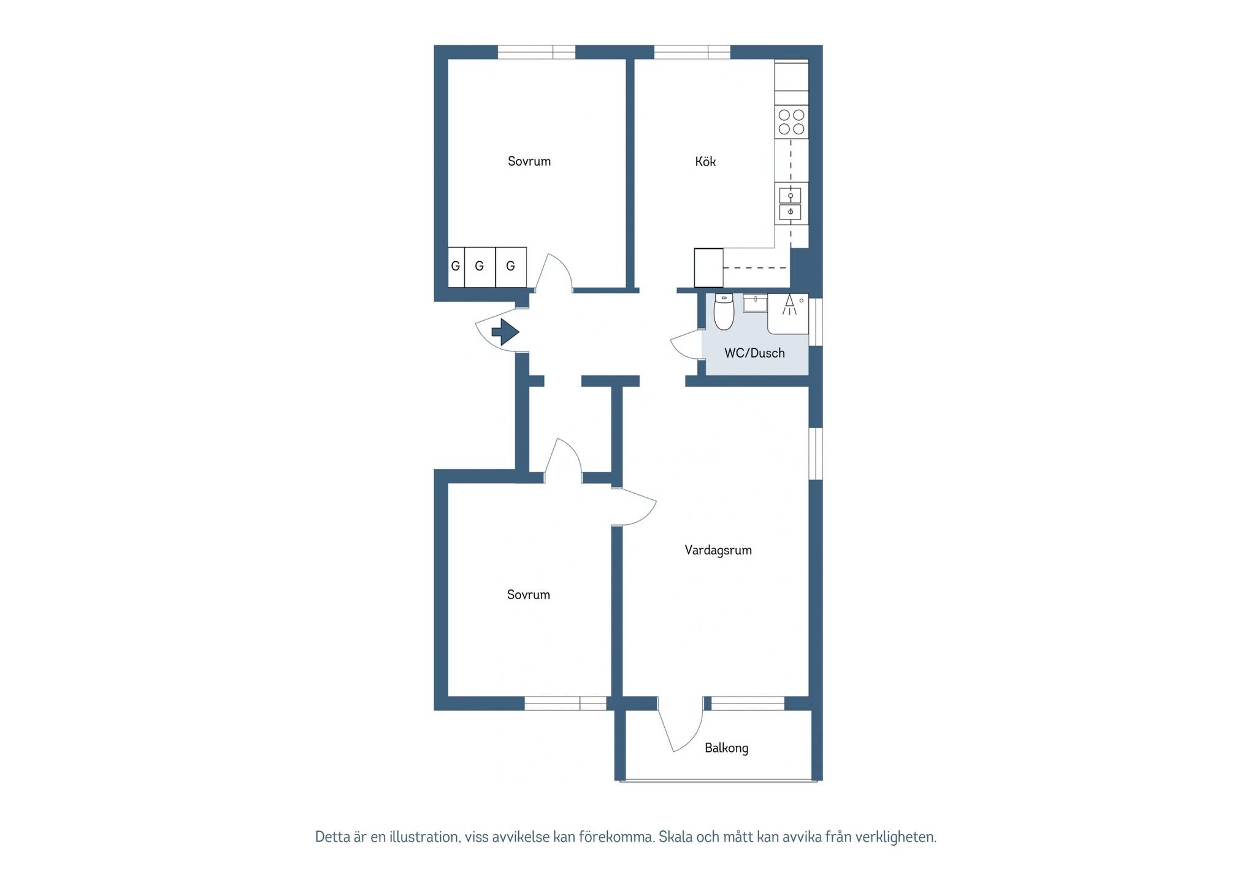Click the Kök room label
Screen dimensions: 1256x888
click(705, 161)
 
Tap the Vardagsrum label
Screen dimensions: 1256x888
click(718, 550)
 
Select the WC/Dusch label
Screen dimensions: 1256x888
click(754, 353)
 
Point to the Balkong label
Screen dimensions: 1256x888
click(726, 748)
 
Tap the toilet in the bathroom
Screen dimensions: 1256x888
click(724, 312)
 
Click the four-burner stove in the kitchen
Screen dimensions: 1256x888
click(791, 121)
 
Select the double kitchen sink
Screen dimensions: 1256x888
click(791, 204)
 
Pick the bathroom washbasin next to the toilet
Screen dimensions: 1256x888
click(755, 303)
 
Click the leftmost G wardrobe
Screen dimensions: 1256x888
click(456, 267)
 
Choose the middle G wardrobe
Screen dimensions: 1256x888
click(480, 267)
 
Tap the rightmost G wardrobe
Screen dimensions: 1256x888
click(511, 267)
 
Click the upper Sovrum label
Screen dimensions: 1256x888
click(529, 161)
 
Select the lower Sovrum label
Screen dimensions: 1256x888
click(529, 594)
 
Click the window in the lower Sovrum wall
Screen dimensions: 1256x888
click(565, 703)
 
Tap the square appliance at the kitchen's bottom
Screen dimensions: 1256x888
click(708, 267)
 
